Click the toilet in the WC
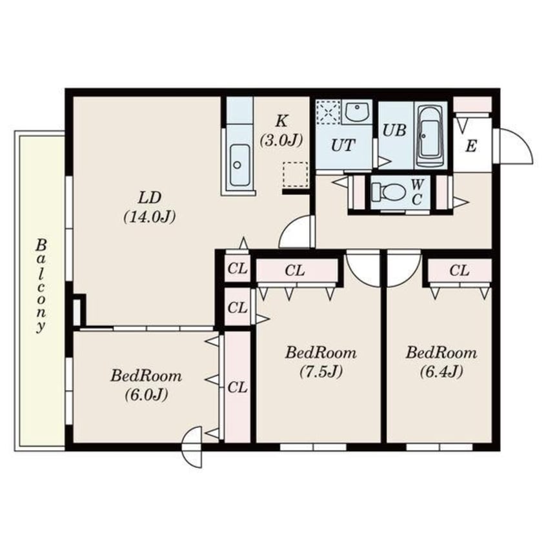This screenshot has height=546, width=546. (389, 192)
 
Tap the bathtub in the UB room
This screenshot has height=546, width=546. (430, 137)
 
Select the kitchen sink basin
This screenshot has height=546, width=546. (239, 165)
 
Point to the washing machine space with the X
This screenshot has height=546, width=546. (329, 112)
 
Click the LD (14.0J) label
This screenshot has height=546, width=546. (150, 207)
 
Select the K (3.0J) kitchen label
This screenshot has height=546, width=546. (281, 130)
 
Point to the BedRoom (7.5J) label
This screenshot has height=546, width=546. (321, 362)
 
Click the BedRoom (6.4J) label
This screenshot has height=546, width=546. (441, 362)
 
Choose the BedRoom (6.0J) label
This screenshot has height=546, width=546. (147, 385)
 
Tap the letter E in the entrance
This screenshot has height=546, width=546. (470, 147)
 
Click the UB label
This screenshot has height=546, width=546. (394, 130)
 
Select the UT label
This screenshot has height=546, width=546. (343, 146)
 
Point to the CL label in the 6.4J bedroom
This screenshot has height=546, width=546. (460, 270)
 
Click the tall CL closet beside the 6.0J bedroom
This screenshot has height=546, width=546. (238, 387)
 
